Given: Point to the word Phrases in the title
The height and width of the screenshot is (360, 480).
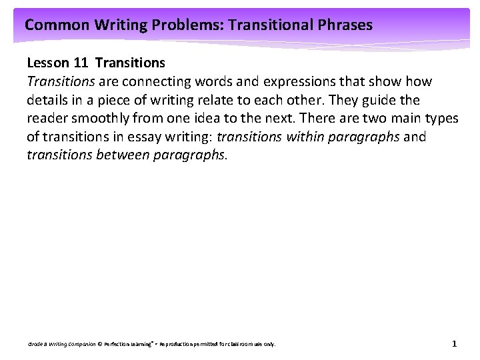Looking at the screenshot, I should pyautogui.click(x=345, y=26).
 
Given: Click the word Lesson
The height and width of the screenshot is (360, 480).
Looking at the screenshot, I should pyautogui.click(x=46, y=63).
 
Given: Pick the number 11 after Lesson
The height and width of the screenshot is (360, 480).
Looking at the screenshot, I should pyautogui.click(x=81, y=63).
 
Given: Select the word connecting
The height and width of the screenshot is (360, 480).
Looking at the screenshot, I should pyautogui.click(x=153, y=82).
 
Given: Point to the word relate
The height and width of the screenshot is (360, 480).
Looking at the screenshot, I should pyautogui.click(x=207, y=100).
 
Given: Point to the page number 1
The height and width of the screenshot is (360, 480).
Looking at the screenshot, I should pyautogui.click(x=454, y=344).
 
